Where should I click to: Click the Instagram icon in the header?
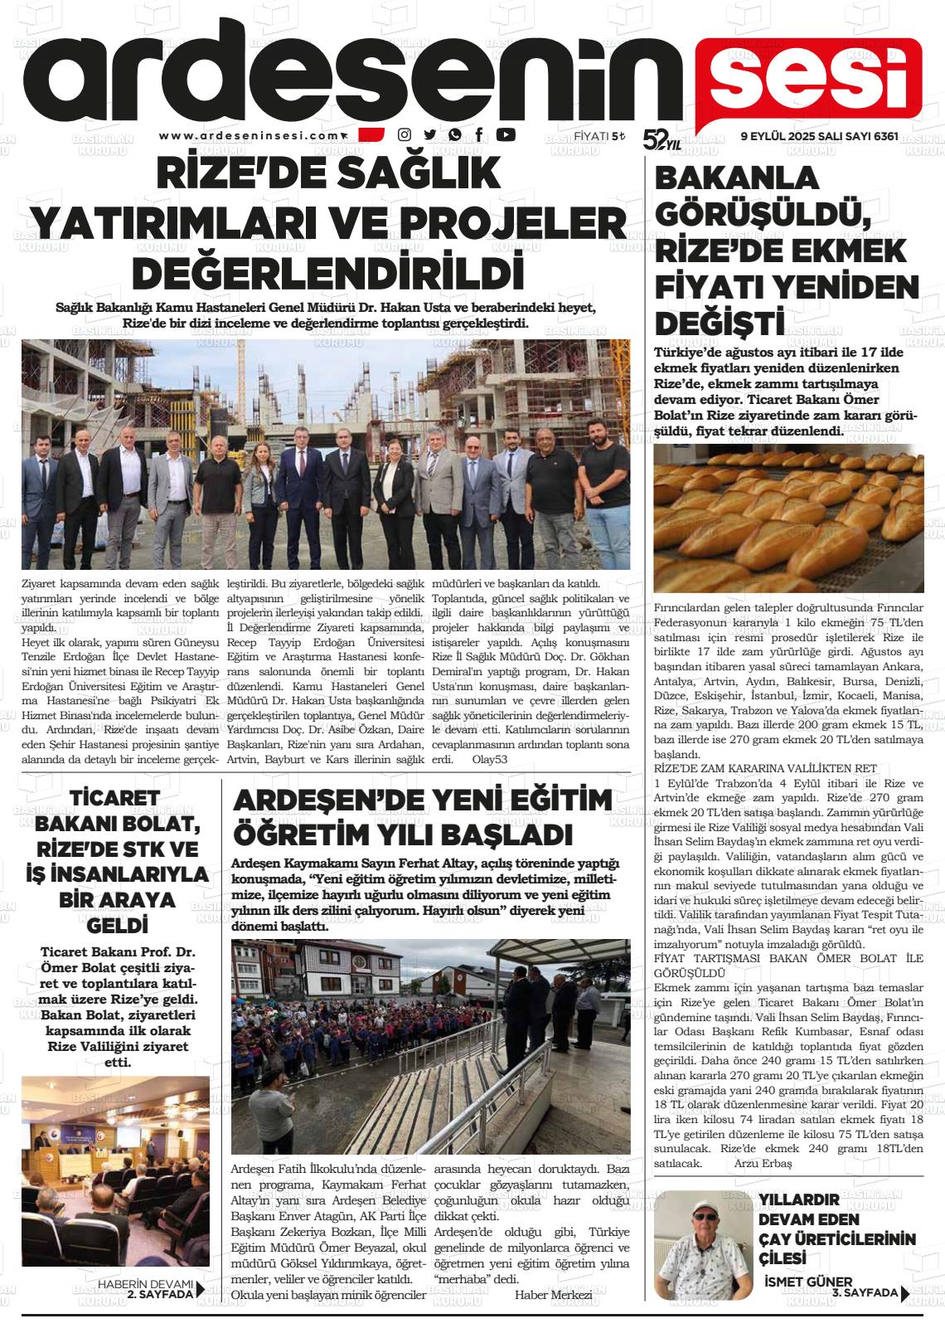click(x=405, y=135)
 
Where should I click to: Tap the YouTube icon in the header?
click(x=506, y=135)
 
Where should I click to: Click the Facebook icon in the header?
click(x=479, y=135)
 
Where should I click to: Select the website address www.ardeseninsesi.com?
click(x=250, y=136)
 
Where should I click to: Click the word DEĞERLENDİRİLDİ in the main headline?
click(x=328, y=273)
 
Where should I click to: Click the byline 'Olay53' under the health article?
click(x=489, y=759)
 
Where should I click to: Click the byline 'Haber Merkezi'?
click(x=553, y=1296)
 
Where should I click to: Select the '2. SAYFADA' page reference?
click(x=160, y=1293)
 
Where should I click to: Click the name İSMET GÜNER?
click(x=807, y=1282)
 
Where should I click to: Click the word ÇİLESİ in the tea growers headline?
click(x=783, y=1258)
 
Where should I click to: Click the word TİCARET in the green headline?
click(x=115, y=798)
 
